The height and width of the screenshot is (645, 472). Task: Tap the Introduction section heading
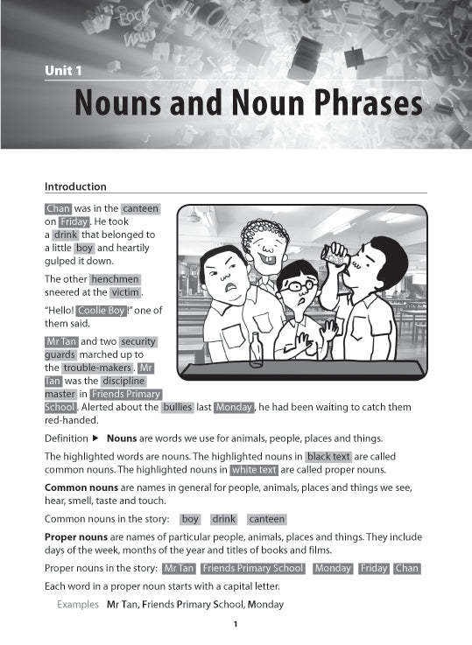(75, 186)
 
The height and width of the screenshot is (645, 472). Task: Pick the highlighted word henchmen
(115, 279)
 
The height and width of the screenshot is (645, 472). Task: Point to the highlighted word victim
(126, 291)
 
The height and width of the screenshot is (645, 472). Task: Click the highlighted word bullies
(178, 407)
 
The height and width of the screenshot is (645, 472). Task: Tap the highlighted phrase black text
(329, 456)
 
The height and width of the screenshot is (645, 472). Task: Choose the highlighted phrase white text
(254, 469)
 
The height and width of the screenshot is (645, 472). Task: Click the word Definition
(66, 438)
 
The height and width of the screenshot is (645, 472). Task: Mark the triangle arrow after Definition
(96, 438)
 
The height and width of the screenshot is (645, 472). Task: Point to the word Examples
(78, 605)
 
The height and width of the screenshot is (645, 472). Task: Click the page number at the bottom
(236, 624)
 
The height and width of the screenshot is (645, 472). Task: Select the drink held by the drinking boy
(336, 255)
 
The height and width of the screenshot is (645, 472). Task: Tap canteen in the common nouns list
(266, 519)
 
